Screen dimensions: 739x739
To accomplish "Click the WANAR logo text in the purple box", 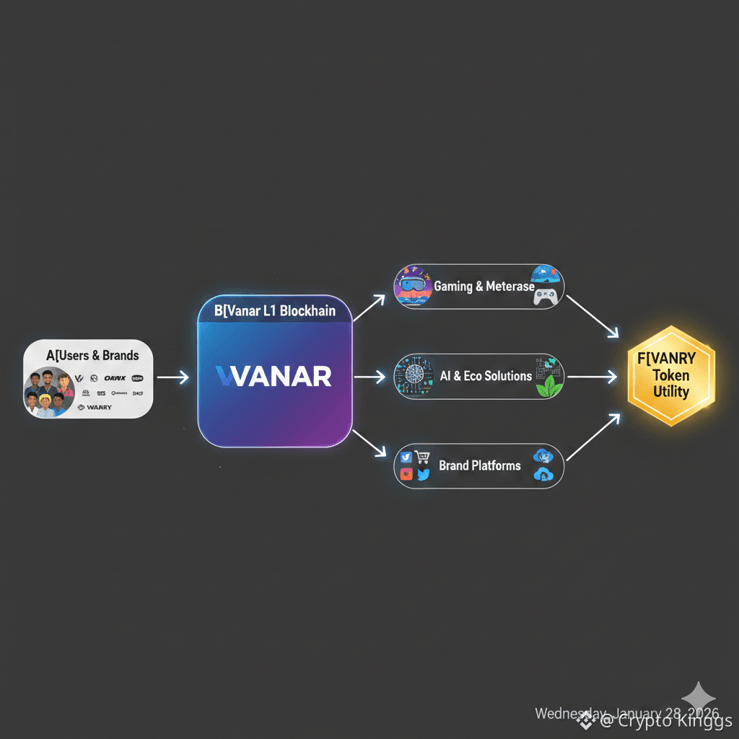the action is click(274, 375).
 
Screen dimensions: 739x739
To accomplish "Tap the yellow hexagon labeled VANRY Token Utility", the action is click(670, 375).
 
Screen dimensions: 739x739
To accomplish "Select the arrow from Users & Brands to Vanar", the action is click(172, 377).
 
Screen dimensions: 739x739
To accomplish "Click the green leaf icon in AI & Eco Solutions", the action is click(546, 386).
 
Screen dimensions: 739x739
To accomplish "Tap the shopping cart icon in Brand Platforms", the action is click(422, 458).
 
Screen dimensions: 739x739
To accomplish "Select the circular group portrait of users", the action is click(49, 393).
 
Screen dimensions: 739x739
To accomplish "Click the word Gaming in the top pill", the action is click(452, 287).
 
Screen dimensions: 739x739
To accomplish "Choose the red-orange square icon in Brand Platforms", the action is click(406, 474).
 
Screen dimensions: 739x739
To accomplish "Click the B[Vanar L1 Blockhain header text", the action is click(274, 311).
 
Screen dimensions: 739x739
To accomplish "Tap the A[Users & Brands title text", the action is click(92, 355).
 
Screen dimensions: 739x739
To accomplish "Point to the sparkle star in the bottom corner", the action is click(699, 699).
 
